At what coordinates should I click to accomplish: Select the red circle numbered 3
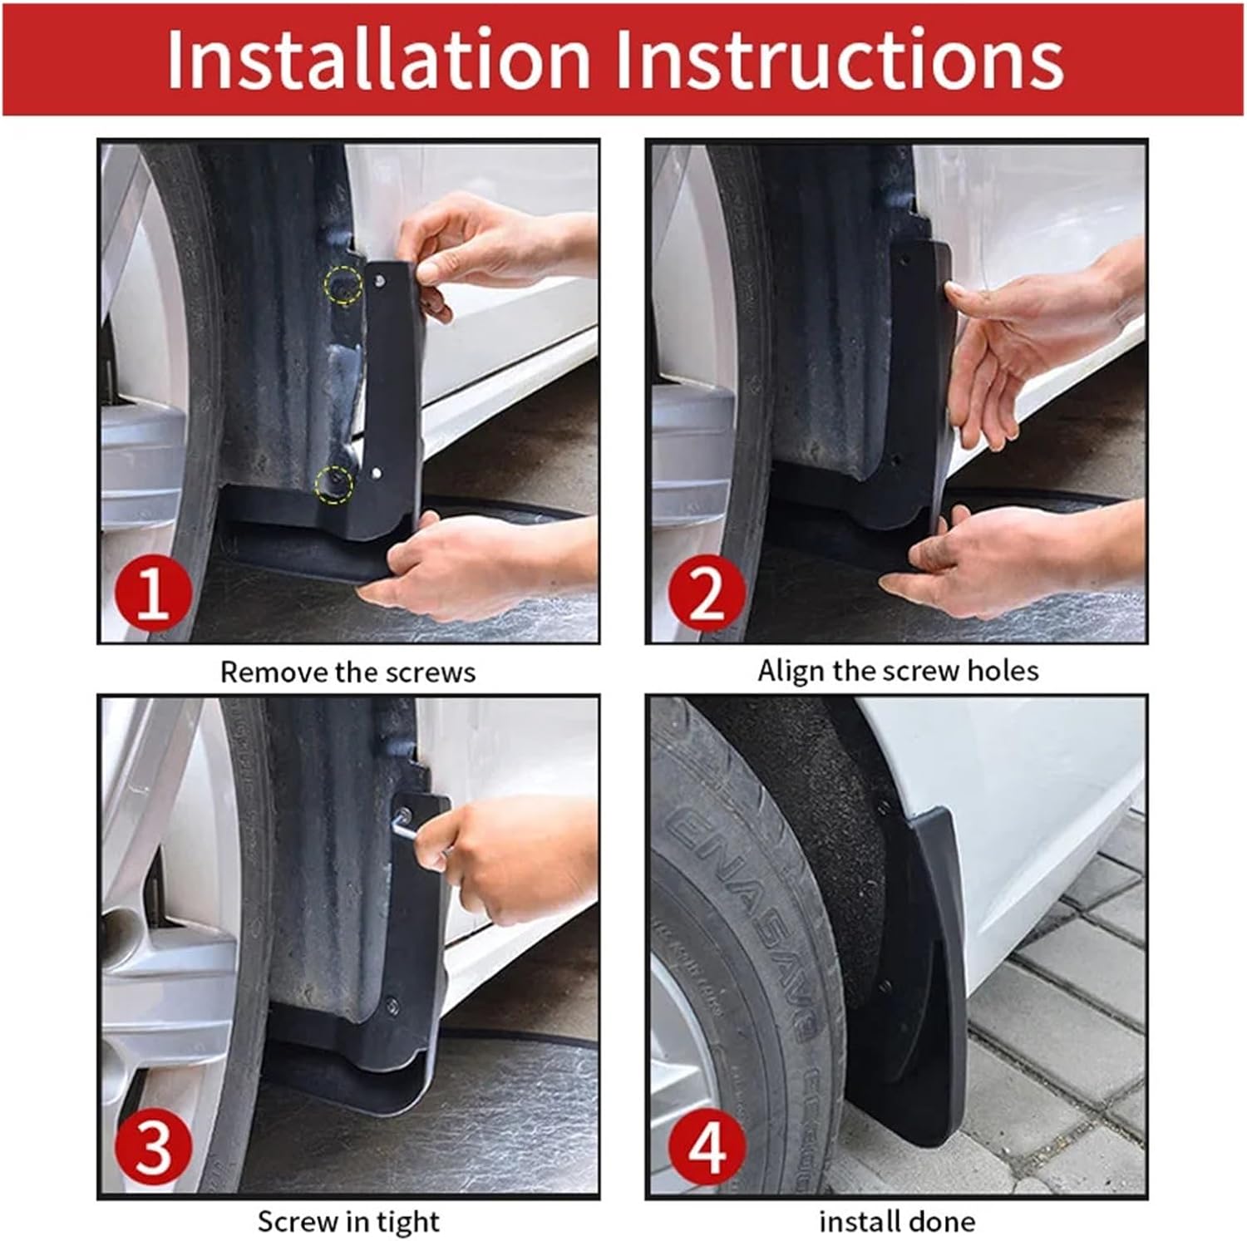153,1147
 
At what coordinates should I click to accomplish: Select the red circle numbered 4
706,1147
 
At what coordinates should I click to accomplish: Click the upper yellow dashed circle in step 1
343,284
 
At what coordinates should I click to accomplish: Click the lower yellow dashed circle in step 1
334,484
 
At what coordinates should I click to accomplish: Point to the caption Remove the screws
347,672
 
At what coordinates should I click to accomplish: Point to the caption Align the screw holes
898,670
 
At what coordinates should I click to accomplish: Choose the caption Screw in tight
347,1221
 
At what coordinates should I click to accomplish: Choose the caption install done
896,1221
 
